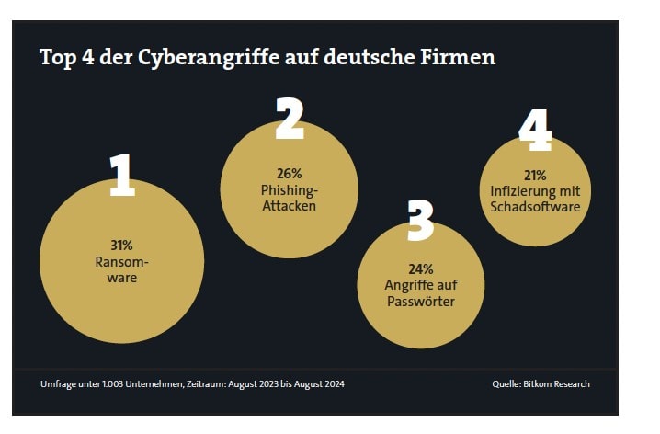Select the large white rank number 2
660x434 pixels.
(x=290, y=120)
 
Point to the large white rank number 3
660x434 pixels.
(x=419, y=218)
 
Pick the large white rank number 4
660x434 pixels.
(x=535, y=131)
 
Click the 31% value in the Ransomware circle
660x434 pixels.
(x=121, y=246)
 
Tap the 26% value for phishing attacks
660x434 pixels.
(x=289, y=173)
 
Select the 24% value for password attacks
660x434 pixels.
(x=419, y=269)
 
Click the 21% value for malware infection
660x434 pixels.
(x=535, y=175)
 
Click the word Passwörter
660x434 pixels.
(x=420, y=301)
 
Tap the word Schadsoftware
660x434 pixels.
(x=535, y=207)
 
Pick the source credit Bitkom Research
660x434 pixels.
(x=561, y=383)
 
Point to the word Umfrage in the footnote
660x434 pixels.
(x=59, y=383)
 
